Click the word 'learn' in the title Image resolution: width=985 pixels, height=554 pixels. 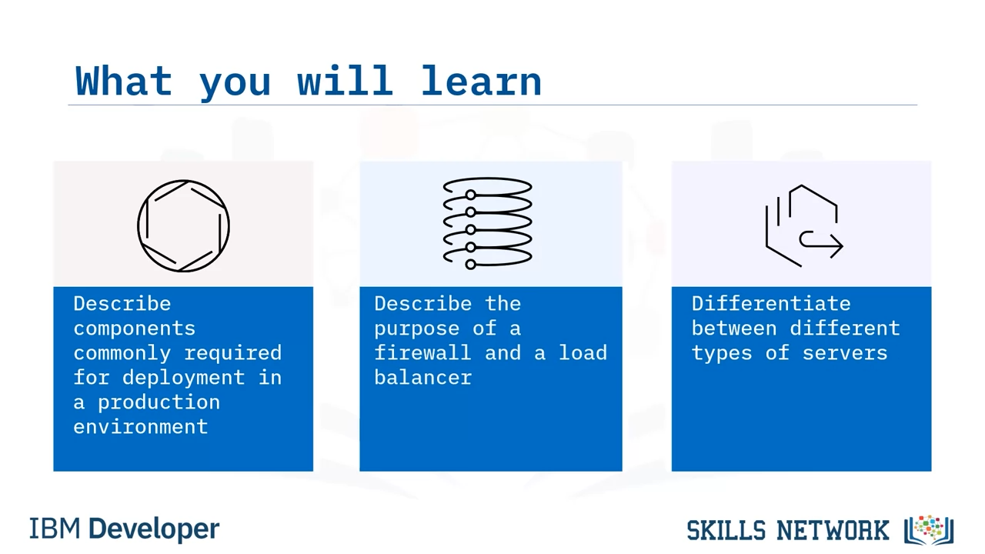[x=481, y=81]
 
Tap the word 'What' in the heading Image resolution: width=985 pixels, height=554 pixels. [x=124, y=81]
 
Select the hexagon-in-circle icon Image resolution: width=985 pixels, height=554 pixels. [x=183, y=226]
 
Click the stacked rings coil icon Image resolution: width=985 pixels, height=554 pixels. [x=487, y=223]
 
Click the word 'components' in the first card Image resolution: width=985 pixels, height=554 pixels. [x=134, y=329]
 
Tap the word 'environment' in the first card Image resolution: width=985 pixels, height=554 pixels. [x=140, y=427]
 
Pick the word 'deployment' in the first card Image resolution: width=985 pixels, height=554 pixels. [x=183, y=378]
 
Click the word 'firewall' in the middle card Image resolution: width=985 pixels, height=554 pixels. [x=422, y=352]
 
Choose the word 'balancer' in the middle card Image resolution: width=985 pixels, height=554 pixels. [x=422, y=377]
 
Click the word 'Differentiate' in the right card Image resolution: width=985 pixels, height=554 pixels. [x=771, y=304]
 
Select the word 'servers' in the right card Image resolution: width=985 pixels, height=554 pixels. [x=845, y=353]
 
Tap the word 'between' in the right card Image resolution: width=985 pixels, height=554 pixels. [x=734, y=329]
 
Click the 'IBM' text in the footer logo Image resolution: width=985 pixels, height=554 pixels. [x=55, y=529]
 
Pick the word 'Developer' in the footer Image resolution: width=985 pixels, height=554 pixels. [x=154, y=529]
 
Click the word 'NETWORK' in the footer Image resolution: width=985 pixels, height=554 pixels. [x=833, y=530]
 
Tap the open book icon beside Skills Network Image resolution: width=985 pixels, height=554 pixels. [x=929, y=530]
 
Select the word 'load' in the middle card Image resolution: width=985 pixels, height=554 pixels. [x=583, y=352]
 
